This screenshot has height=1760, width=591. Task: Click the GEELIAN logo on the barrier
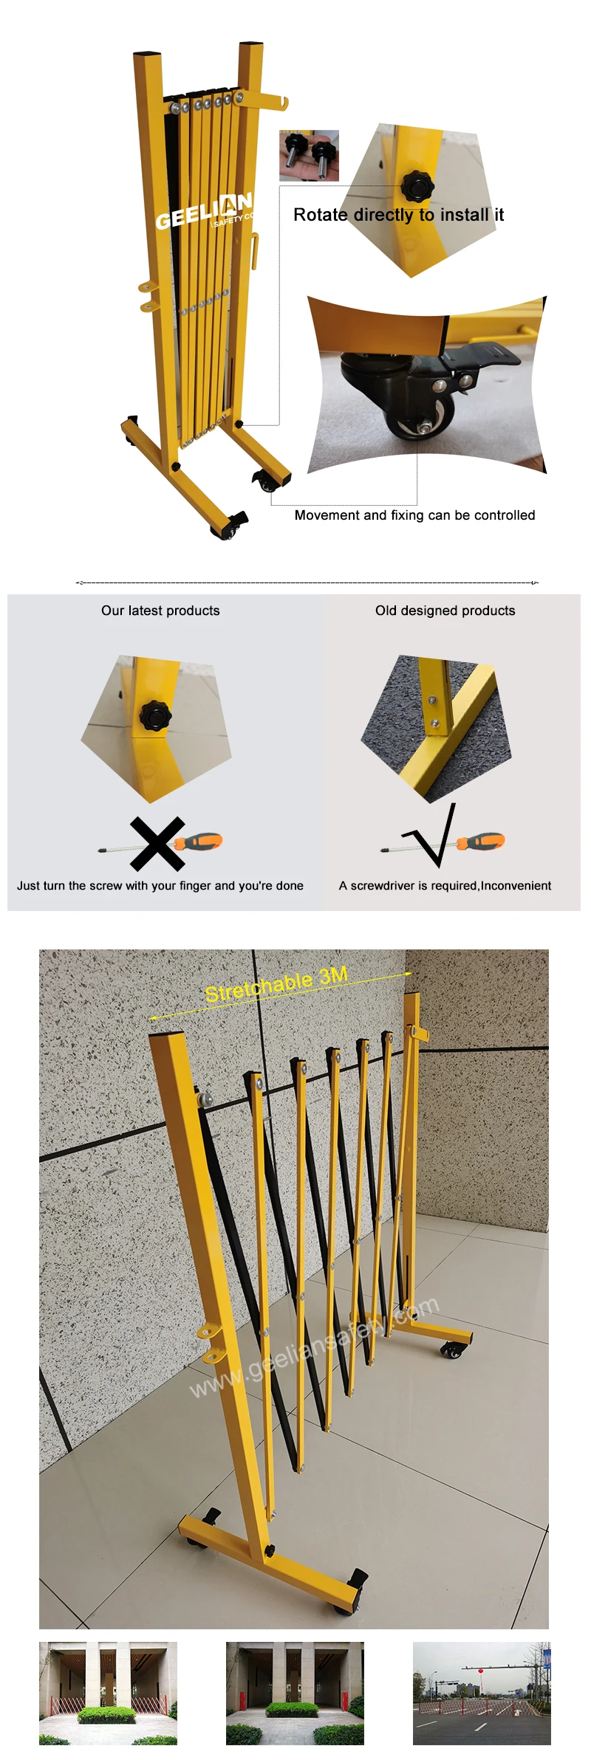(x=203, y=211)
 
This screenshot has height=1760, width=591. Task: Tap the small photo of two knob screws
(x=309, y=156)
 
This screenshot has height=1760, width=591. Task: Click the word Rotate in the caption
(x=320, y=215)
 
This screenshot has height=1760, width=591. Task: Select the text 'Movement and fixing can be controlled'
(x=414, y=515)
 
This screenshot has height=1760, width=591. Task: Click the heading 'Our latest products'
(x=160, y=611)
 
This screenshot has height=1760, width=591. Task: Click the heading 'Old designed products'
(x=445, y=611)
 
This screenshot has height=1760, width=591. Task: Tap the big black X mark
(x=157, y=843)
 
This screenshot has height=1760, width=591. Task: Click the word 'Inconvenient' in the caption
(x=516, y=885)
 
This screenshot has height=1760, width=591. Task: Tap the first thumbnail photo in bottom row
(x=108, y=1693)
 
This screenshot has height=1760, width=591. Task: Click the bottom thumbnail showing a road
(x=482, y=1693)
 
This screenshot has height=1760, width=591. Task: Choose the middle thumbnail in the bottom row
(x=295, y=1693)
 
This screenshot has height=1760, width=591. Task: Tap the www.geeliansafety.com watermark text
(x=314, y=1348)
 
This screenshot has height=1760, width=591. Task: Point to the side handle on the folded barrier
(x=254, y=252)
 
